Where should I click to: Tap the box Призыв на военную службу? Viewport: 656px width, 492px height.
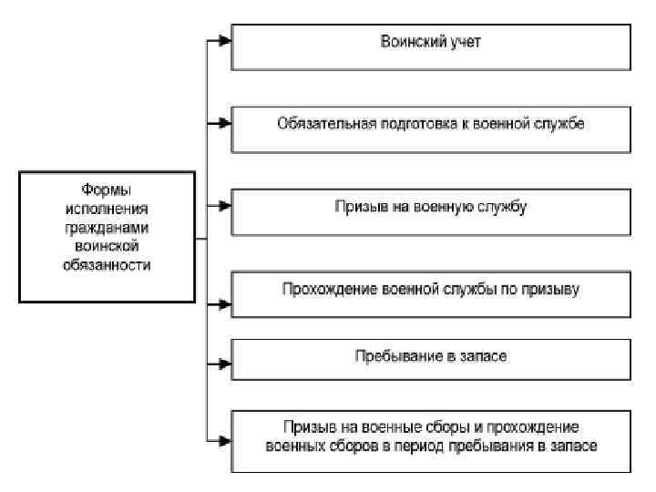coord(430,212)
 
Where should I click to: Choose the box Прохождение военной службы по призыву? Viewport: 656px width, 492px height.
coord(430,293)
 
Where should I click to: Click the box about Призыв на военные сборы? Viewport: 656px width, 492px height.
coord(430,439)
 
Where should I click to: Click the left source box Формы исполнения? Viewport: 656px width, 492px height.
coord(108,237)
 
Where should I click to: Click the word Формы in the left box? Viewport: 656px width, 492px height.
coord(107,190)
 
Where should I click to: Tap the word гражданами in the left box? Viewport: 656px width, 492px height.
coord(107,228)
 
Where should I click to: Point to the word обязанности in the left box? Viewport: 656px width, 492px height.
coord(107,265)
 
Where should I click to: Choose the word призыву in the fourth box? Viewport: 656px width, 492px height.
coord(556,289)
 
